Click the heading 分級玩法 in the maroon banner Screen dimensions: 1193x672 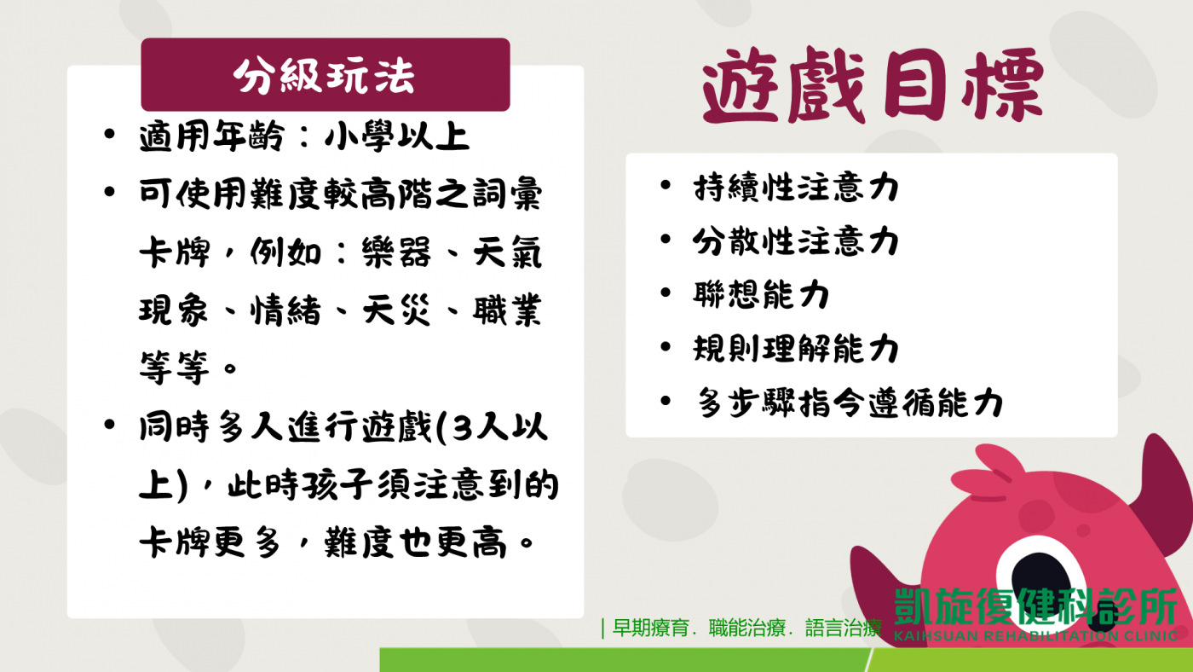324,75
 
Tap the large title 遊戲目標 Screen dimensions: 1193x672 873,85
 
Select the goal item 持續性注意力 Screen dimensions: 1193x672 796,188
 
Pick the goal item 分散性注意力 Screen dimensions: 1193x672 796,240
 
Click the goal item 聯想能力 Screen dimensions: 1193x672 761,294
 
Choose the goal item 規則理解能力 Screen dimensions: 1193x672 796,349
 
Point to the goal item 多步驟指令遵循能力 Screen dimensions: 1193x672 850,403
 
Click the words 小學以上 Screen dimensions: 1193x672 397,136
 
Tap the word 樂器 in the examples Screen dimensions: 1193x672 396,252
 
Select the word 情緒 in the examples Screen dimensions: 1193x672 286,310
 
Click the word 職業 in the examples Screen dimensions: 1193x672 507,310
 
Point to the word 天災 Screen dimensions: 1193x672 396,310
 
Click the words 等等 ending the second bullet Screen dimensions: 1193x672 174,368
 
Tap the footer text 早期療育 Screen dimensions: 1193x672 651,628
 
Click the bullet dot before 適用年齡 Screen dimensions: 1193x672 110,134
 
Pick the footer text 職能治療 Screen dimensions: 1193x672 746,628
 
